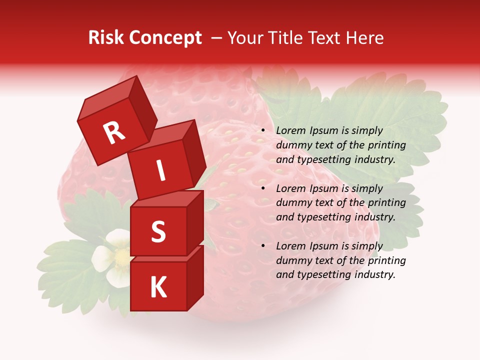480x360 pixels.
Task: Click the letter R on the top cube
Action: point(114,133)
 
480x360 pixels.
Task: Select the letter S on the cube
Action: point(158,231)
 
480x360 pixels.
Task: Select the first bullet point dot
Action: point(263,131)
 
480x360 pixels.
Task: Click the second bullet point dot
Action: point(263,189)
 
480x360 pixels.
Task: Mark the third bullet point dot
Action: point(263,246)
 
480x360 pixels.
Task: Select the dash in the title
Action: point(216,38)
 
